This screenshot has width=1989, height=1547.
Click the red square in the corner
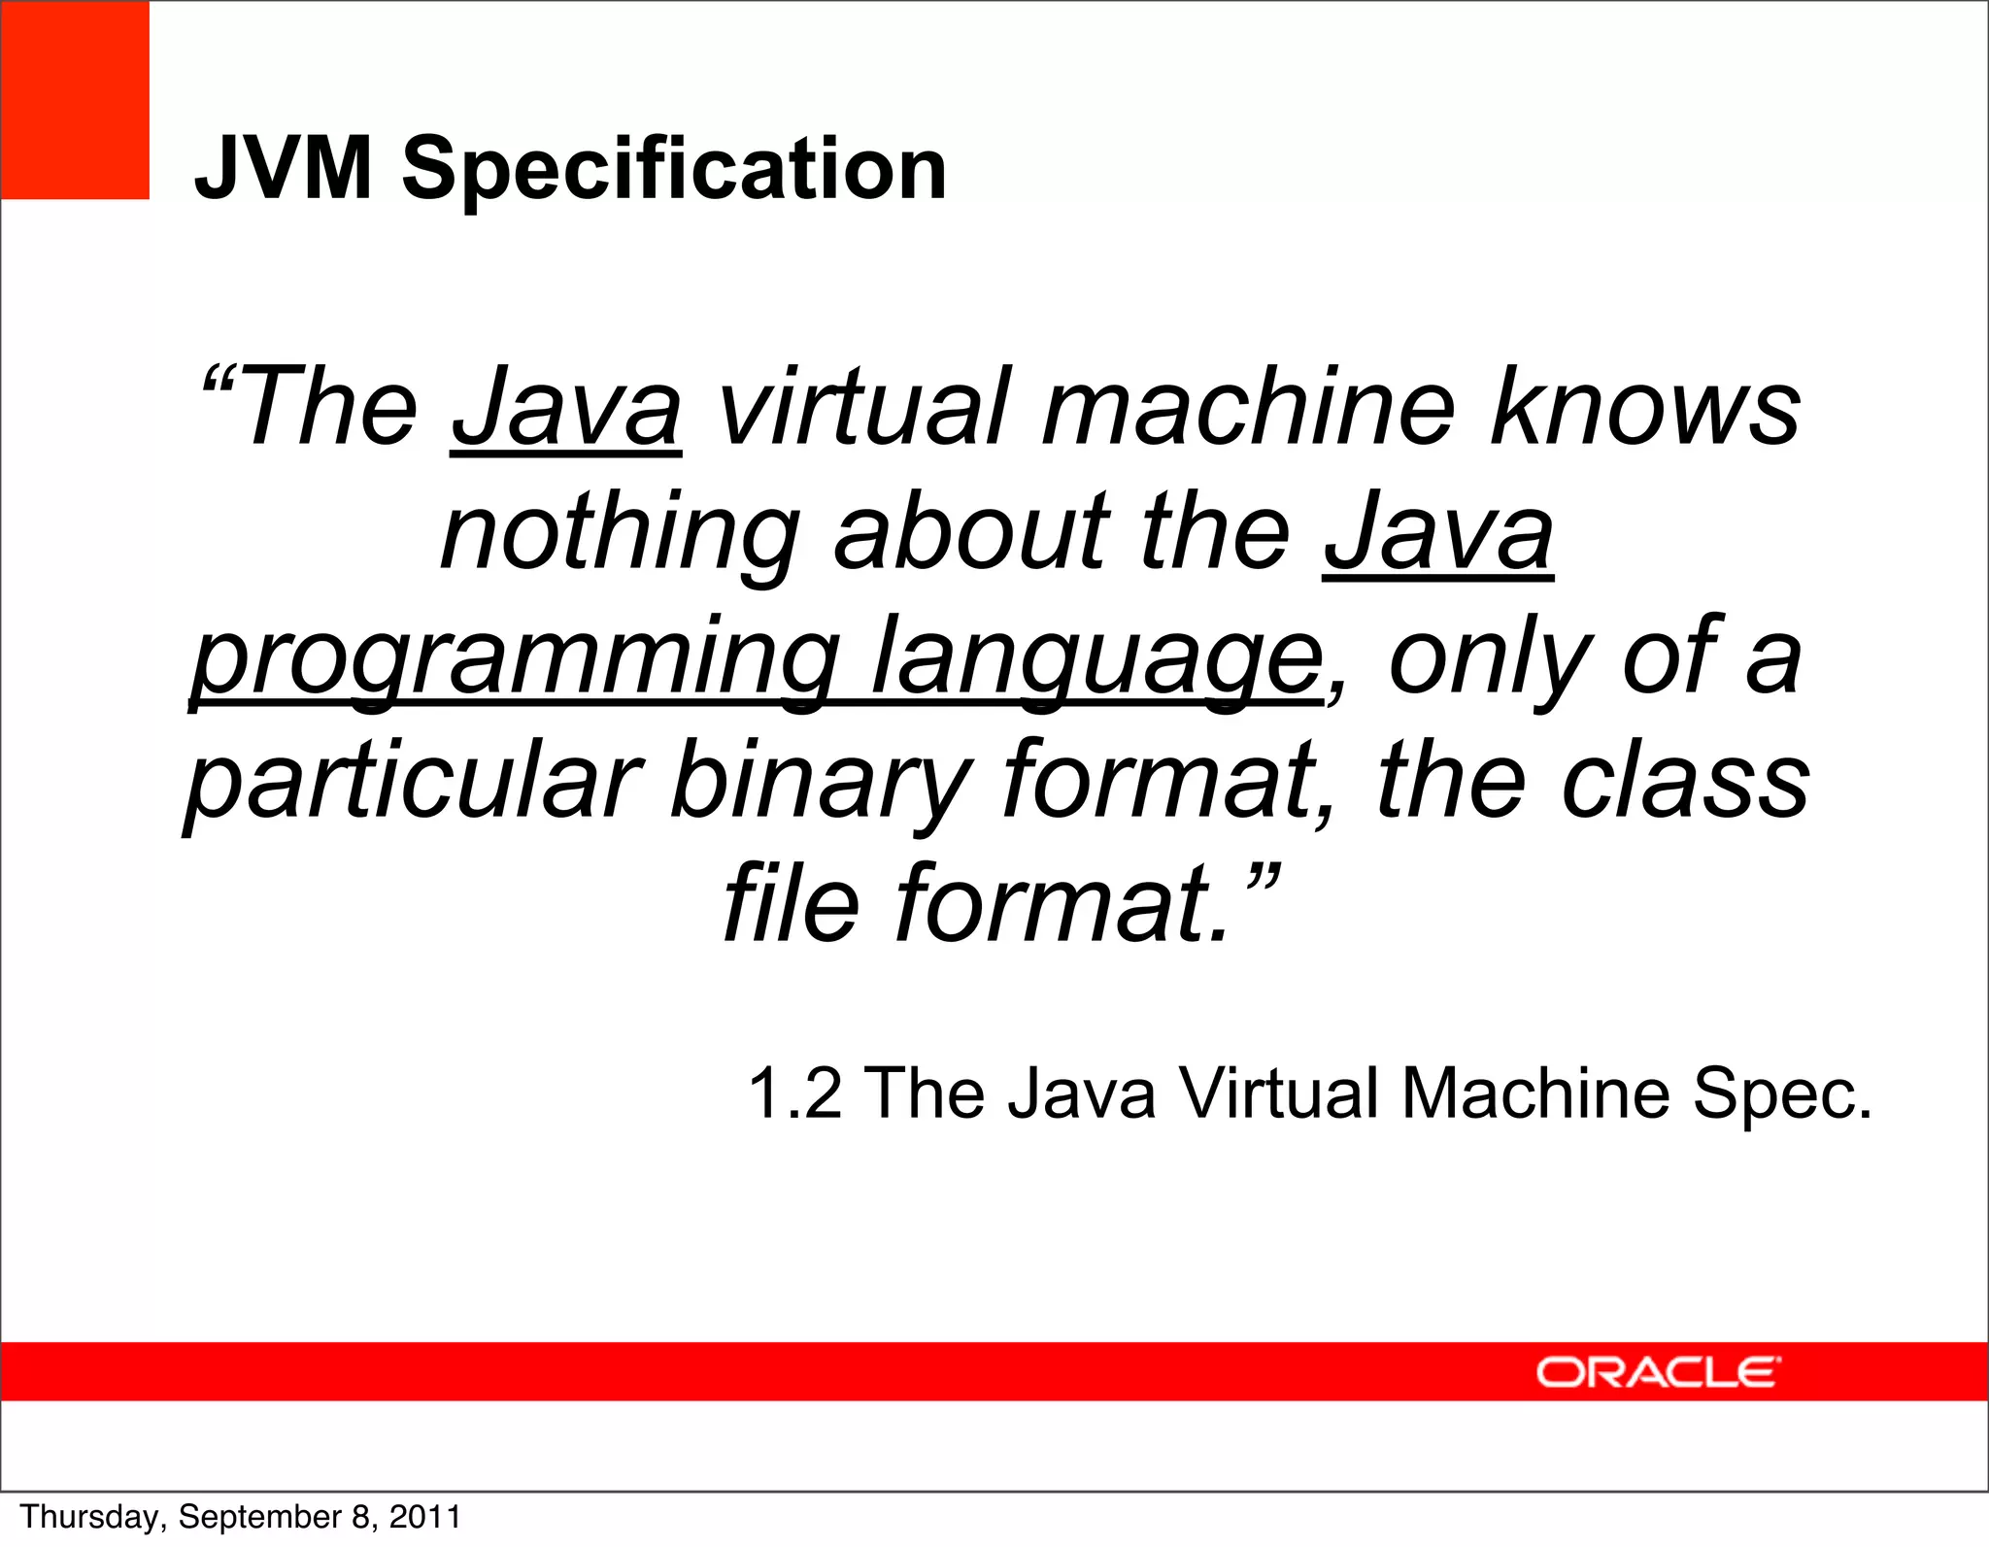pyautogui.click(x=75, y=100)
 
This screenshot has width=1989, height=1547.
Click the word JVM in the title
pyautogui.click(x=283, y=169)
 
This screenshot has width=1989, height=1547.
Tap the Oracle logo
pyautogui.click(x=1658, y=1372)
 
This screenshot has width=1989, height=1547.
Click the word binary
pyautogui.click(x=822, y=783)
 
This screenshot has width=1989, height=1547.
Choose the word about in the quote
pyautogui.click(x=971, y=534)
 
